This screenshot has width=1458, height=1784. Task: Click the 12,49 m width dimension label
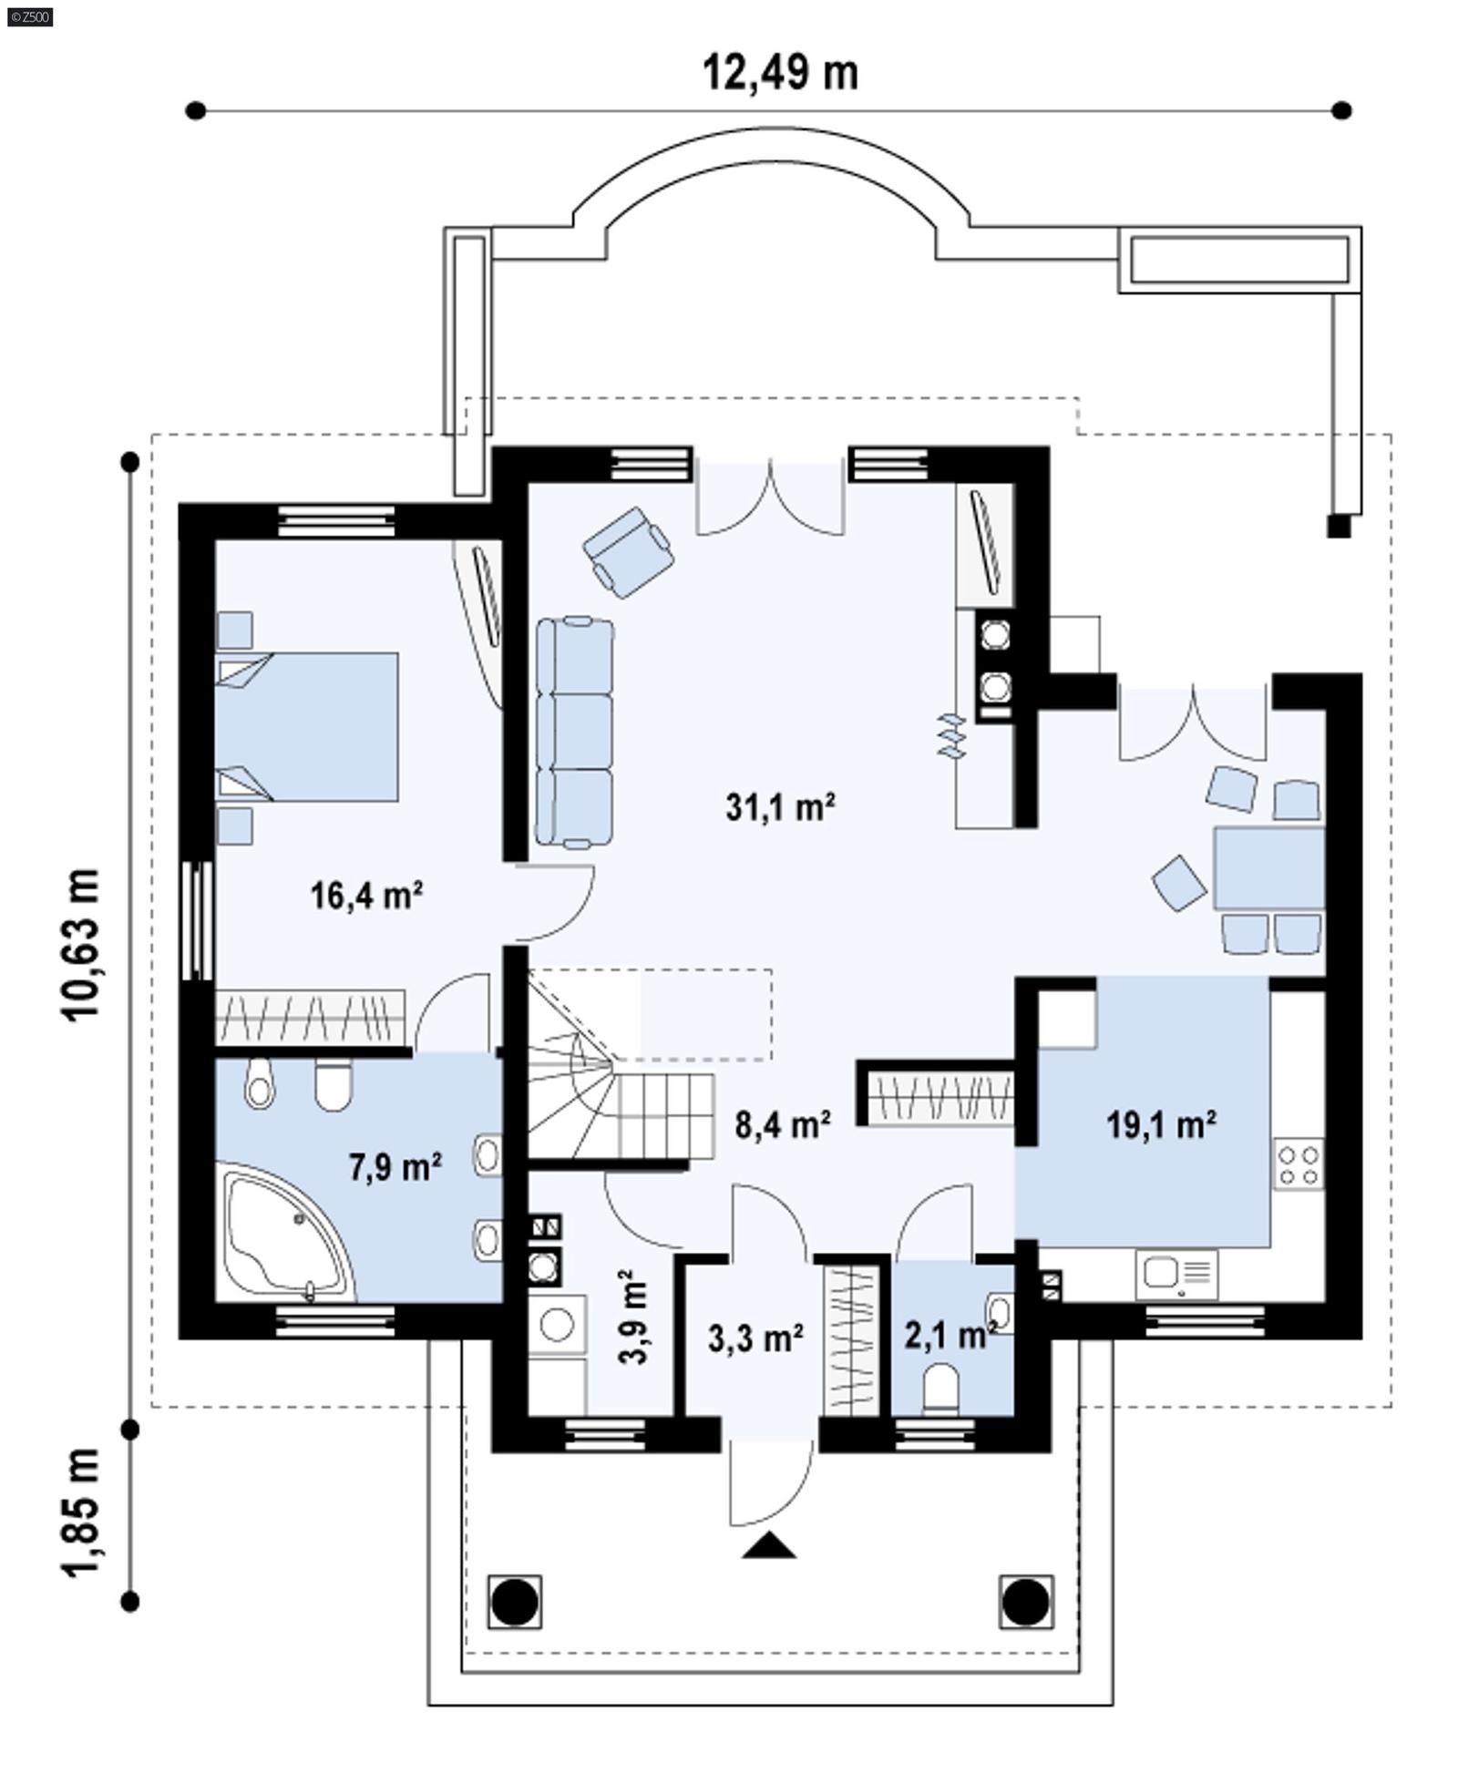pos(779,73)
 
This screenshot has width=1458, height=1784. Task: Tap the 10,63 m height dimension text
pos(80,943)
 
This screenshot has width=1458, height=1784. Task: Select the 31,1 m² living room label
pos(780,806)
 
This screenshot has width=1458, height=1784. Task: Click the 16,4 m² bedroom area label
pos(365,895)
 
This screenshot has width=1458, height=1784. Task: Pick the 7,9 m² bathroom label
pos(395,1165)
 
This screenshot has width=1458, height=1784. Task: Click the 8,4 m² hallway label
pos(782,1124)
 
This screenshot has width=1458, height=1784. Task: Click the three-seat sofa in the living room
pos(574,732)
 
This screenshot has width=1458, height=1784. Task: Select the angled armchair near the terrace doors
pos(629,552)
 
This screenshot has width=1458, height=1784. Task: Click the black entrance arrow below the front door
pos(768,1545)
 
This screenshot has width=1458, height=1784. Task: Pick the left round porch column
pos(515,1601)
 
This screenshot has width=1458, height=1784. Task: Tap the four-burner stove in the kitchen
pos(1298,1165)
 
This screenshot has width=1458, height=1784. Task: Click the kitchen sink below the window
pos(1176,1273)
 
